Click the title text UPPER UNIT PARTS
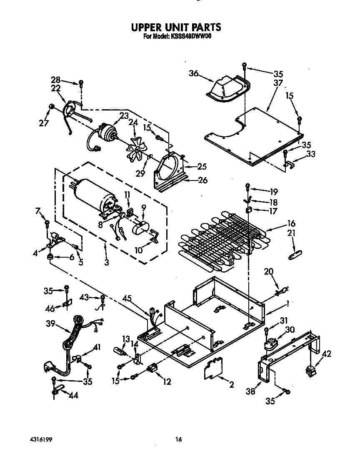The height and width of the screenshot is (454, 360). [176, 28]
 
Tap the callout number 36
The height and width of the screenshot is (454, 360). [193, 73]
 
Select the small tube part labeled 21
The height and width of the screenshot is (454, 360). [295, 255]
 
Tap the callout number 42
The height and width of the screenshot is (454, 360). [327, 354]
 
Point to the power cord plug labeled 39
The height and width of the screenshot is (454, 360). [50, 368]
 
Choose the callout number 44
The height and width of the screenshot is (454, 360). [73, 395]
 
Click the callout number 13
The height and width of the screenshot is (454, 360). [126, 338]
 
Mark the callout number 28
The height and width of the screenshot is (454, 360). [56, 80]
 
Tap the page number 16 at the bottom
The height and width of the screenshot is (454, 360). [178, 439]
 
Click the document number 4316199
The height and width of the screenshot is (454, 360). [41, 439]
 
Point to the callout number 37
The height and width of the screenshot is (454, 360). [278, 83]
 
